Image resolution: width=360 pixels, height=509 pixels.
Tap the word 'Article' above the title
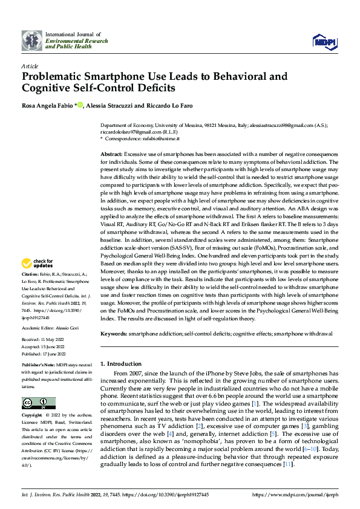[x=30, y=65]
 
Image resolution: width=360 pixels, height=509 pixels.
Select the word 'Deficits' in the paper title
[x=154, y=88]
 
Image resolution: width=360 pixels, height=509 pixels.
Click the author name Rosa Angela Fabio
[x=48, y=105]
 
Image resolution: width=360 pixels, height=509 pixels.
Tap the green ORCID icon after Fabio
[x=80, y=105]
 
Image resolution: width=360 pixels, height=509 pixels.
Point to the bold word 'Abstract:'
[x=111, y=155]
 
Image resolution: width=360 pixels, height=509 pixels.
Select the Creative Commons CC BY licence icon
[x=39, y=403]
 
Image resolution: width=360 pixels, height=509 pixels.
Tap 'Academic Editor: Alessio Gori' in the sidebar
[x=53, y=326]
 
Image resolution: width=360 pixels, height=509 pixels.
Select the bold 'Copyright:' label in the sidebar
[x=32, y=417]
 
